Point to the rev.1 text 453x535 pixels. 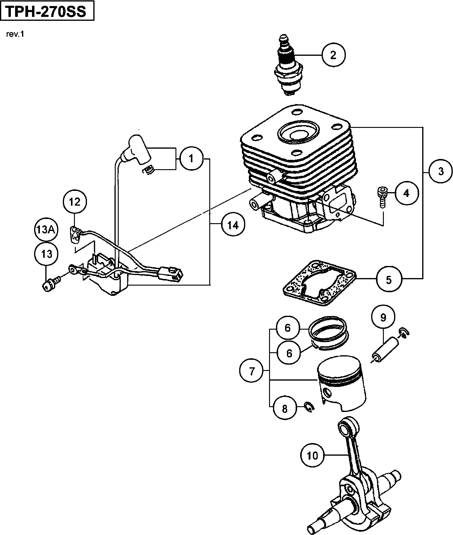point(15,34)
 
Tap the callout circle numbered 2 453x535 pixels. point(333,55)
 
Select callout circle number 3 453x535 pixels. point(441,171)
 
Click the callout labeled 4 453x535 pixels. point(406,193)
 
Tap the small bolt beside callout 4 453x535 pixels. point(381,197)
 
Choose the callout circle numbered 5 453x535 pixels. point(389,280)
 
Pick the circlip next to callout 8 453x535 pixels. point(309,407)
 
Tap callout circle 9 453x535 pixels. point(383,318)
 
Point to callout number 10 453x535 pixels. point(313,455)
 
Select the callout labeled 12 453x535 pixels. point(75,202)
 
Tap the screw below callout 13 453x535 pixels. point(50,285)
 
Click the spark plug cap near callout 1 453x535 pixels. point(138,150)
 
